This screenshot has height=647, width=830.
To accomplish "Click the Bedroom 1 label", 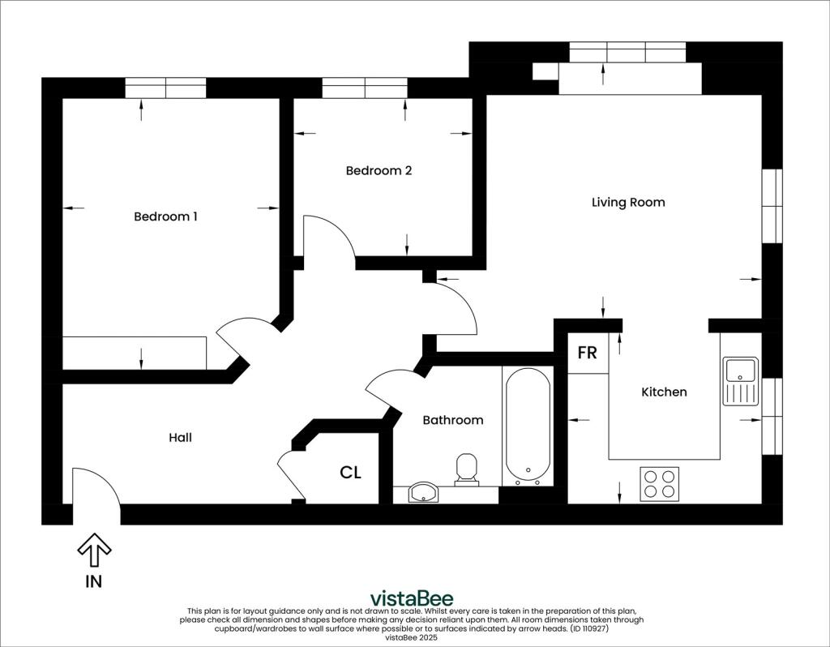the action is (x=165, y=216).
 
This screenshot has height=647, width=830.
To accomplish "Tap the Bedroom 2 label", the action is (x=379, y=170).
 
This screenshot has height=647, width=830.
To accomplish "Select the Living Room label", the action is (x=628, y=202).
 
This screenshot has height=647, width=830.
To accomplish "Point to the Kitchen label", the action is (x=664, y=392).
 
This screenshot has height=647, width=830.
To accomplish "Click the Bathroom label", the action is (x=452, y=420).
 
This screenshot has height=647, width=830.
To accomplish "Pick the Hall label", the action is (x=180, y=437).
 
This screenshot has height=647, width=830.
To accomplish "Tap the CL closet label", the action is (x=350, y=473).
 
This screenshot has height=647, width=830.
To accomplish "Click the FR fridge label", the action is (x=587, y=353).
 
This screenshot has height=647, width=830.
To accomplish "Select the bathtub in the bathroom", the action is (x=527, y=426).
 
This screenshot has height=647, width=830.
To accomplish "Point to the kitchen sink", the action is (x=741, y=381).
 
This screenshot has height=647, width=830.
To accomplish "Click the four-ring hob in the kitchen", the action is (x=659, y=484).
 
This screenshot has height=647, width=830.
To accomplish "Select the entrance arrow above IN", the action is (x=94, y=551).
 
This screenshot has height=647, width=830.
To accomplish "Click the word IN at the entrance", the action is (x=94, y=581).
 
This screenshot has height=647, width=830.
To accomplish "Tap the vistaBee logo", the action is (x=411, y=598).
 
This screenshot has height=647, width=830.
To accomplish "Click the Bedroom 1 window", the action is (x=165, y=88).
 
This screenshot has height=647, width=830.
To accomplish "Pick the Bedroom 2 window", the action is (x=365, y=88).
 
